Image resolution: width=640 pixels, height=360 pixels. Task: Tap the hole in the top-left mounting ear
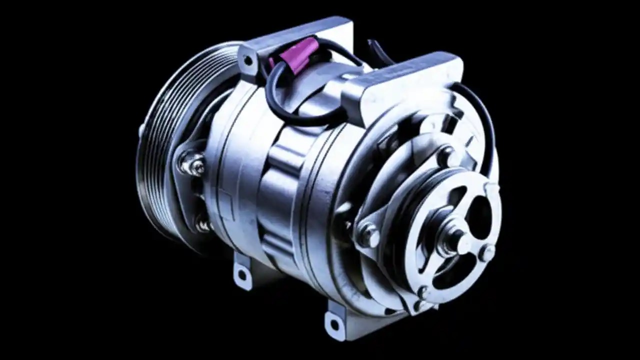246,61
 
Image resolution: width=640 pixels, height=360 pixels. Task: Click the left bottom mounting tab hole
243,273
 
